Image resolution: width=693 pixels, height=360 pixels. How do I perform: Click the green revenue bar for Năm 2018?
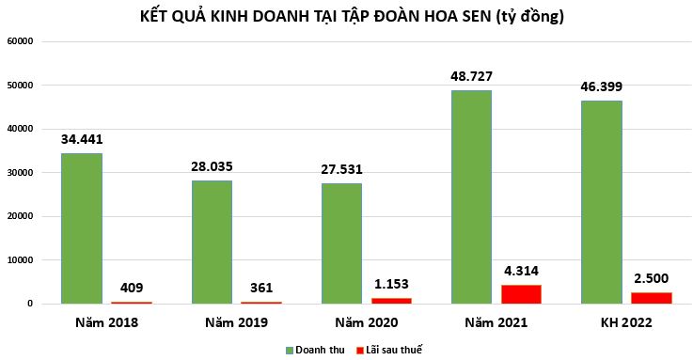click(x=81, y=228)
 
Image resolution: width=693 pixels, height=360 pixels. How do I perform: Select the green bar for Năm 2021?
click(x=471, y=196)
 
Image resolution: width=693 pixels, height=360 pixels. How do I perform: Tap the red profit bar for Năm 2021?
click(x=521, y=293)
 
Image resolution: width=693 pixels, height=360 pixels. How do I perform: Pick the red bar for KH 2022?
click(x=651, y=298)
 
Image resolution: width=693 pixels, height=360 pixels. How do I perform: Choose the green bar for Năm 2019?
click(x=212, y=242)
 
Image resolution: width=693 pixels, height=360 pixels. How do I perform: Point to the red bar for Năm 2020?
click(x=390, y=301)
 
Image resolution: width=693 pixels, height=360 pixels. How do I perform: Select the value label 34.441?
click(x=82, y=139)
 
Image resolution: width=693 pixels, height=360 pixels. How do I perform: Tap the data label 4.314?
click(x=521, y=271)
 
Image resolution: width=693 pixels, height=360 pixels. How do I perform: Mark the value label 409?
click(x=132, y=288)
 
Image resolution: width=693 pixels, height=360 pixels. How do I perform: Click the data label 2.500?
click(x=651, y=278)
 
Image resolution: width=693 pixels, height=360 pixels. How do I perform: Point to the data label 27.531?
click(x=341, y=169)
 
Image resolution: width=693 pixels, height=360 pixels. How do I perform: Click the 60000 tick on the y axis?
click(x=20, y=41)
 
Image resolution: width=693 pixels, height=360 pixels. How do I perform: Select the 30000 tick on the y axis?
click(x=20, y=173)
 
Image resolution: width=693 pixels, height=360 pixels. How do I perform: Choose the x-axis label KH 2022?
click(x=626, y=322)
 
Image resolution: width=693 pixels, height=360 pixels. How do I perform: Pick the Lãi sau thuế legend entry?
click(x=391, y=350)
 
